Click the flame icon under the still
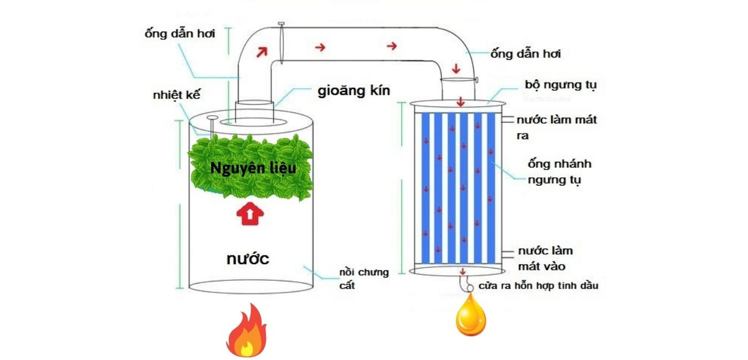click(x=246, y=332)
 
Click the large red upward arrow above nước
click(x=248, y=214)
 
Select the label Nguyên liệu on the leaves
click(x=253, y=168)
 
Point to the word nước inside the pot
click(x=248, y=258)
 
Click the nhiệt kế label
click(x=176, y=95)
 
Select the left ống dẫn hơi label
click(x=179, y=33)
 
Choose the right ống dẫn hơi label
click(x=526, y=54)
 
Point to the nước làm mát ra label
click(x=556, y=127)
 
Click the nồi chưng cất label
click(x=363, y=279)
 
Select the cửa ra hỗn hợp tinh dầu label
click(x=539, y=286)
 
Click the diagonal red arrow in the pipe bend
click(x=261, y=52)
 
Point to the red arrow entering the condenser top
click(x=460, y=102)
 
